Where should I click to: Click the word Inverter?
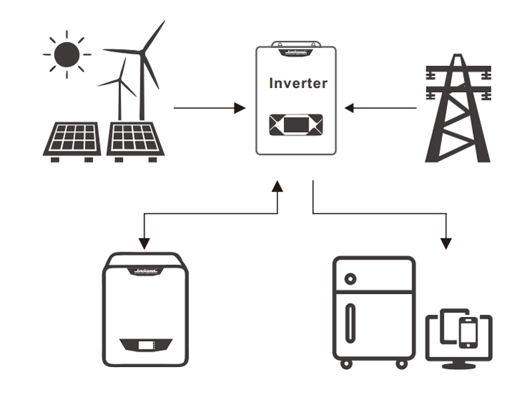click(298, 83)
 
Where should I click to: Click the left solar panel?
click(73, 139)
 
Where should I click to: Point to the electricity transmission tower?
click(457, 112)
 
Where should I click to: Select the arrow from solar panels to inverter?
click(209, 108)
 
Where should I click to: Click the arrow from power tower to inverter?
click(382, 108)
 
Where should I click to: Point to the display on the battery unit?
click(146, 346)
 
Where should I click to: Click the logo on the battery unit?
click(145, 267)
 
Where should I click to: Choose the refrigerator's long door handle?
click(350, 323)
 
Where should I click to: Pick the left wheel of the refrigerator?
click(345, 364)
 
